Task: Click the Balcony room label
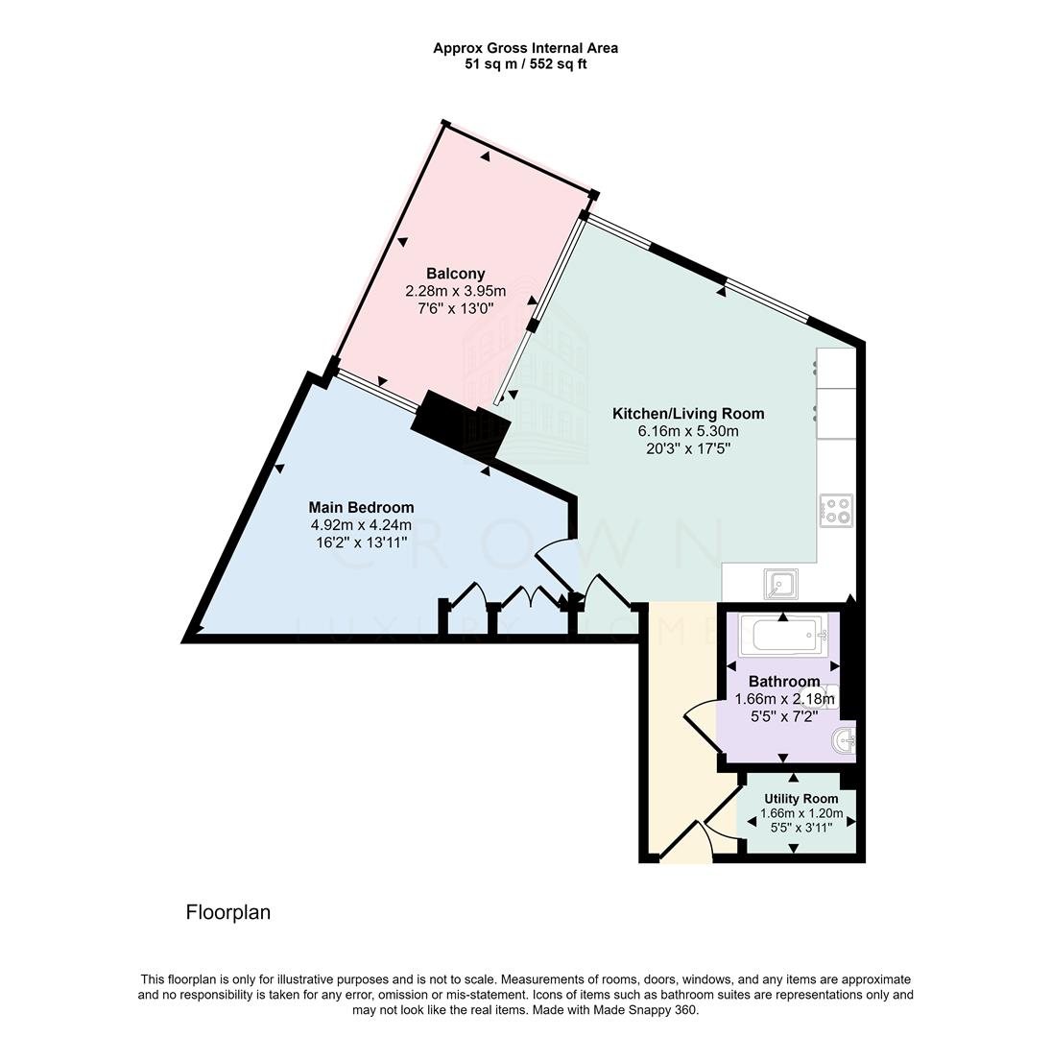coord(455,274)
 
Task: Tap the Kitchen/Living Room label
coord(688,414)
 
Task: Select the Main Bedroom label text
coord(361,507)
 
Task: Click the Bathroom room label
coord(784,682)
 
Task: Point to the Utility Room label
coord(800,799)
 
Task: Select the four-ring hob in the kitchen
coord(836,509)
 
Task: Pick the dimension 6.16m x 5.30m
coord(688,431)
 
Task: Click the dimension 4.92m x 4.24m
coord(361,524)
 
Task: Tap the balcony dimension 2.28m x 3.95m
coord(455,291)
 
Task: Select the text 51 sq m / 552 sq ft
coord(525,64)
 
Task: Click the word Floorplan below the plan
coord(228,912)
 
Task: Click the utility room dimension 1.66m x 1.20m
coord(800,813)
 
